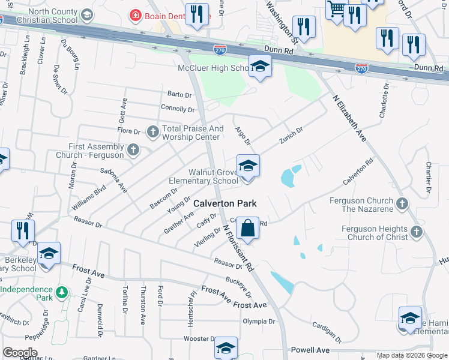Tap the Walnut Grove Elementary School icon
[x=247, y=166]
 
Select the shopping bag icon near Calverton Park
[x=247, y=228]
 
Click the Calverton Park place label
[x=225, y=203]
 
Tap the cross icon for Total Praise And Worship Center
[x=153, y=131]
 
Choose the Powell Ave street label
[x=310, y=350]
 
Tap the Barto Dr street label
[x=179, y=95]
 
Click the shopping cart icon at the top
[x=336, y=8]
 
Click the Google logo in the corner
[x=20, y=353]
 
